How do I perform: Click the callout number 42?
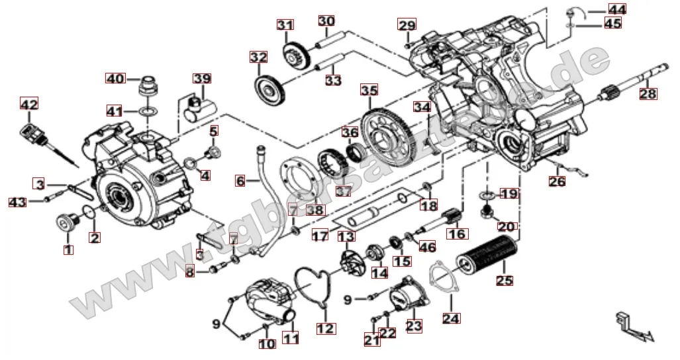pyautogui.click(x=28, y=105)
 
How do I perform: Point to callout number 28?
pyautogui.click(x=648, y=94)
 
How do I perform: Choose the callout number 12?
pyautogui.click(x=326, y=328)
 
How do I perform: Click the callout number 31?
pyautogui.click(x=285, y=26)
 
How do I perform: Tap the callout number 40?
pyautogui.click(x=115, y=78)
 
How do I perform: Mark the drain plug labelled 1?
pyautogui.click(x=66, y=224)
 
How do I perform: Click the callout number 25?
pyautogui.click(x=505, y=281)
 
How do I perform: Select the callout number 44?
pyautogui.click(x=617, y=9)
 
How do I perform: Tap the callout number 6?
pyautogui.click(x=240, y=180)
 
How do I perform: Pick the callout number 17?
pyautogui.click(x=320, y=235)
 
